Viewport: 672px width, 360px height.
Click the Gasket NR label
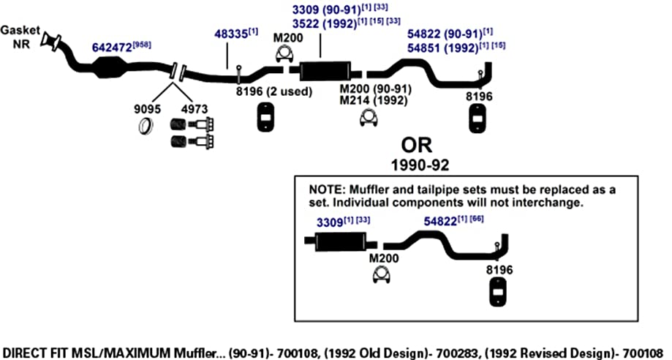pyautogui.click(x=20, y=37)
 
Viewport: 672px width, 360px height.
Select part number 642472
pyautogui.click(x=112, y=48)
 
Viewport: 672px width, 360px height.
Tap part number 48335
pyautogui.click(x=230, y=34)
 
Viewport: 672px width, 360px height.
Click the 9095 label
pyautogui.click(x=147, y=109)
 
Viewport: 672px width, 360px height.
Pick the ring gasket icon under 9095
pyautogui.click(x=147, y=126)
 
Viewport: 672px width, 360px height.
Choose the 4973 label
pyautogui.click(x=195, y=109)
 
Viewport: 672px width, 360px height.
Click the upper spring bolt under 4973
pyautogui.click(x=192, y=125)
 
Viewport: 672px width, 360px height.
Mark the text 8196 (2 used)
pyautogui.click(x=274, y=91)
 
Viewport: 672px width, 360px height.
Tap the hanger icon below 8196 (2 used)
pyautogui.click(x=266, y=117)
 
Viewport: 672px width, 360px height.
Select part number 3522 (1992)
pyautogui.click(x=325, y=23)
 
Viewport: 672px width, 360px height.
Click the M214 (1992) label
pyautogui.click(x=373, y=101)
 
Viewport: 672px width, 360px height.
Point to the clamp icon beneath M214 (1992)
pyautogui.click(x=369, y=119)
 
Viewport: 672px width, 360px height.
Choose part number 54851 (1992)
pyautogui.click(x=442, y=48)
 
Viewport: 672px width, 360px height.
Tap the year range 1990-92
pyautogui.click(x=420, y=165)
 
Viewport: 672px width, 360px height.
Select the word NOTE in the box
pyautogui.click(x=327, y=190)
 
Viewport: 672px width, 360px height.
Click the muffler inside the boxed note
pyautogui.click(x=341, y=242)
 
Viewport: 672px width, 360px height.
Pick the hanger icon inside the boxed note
pyautogui.click(x=497, y=292)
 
